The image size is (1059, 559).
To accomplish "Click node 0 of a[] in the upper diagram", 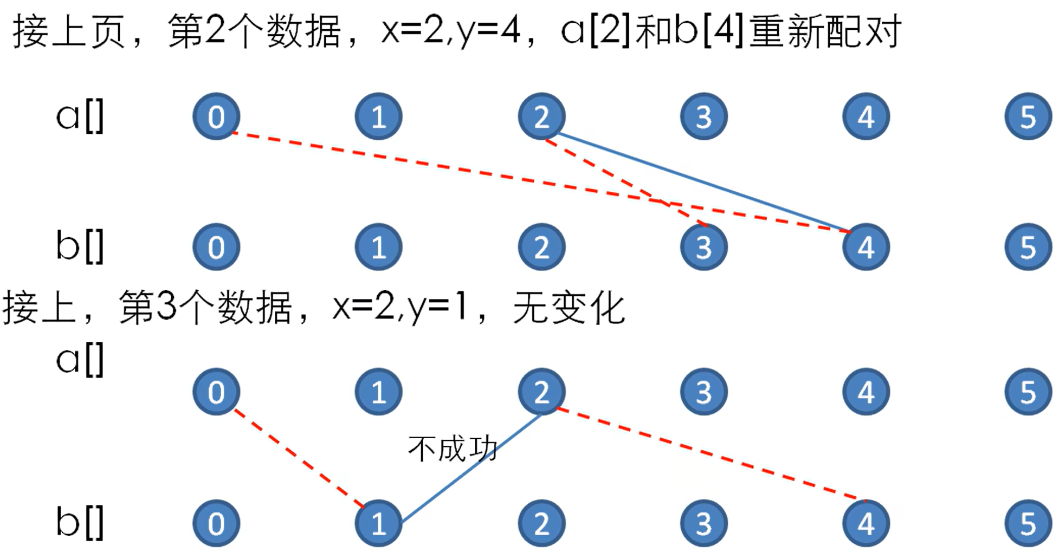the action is tap(216, 116).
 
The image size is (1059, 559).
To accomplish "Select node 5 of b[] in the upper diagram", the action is tap(1028, 247).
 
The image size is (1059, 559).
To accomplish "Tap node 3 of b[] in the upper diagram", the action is tap(703, 247).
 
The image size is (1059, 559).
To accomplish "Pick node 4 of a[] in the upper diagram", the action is tap(866, 116).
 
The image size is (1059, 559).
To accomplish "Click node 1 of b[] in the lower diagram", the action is tap(378, 523).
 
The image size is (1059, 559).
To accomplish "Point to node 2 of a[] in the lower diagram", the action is tap(541, 392).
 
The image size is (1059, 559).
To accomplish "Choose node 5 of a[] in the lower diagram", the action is tap(1028, 392).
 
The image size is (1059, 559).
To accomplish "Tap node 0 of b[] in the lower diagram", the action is tap(216, 523).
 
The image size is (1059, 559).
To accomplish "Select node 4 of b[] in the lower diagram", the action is tap(866, 523).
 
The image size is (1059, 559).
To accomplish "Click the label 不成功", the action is tap(453, 448).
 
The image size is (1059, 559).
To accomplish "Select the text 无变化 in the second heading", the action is tap(569, 308).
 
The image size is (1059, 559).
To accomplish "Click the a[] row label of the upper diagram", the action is tap(80, 116).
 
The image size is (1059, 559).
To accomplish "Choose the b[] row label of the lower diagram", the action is tap(80, 523).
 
